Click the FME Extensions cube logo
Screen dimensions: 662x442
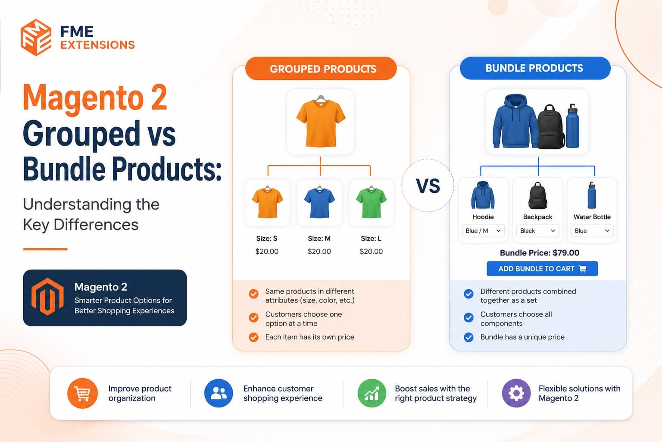coord(36,37)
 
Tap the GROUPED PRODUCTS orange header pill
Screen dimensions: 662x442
coord(321,68)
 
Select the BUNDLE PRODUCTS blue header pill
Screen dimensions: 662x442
coord(535,68)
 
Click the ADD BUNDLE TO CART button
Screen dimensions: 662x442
coord(542,268)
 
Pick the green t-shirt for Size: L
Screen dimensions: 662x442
coord(371,202)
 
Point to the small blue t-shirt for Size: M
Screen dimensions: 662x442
coord(319,202)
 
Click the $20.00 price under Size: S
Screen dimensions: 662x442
coord(267,251)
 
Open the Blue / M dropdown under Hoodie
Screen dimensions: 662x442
coord(483,230)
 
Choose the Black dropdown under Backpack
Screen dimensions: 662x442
coord(537,230)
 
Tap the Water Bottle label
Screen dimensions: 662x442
coord(592,217)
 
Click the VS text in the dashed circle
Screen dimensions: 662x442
coord(428,186)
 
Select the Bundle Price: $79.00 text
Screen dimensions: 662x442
coord(539,253)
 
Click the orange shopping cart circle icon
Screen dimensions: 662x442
coord(82,393)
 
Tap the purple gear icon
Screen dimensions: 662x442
coord(516,393)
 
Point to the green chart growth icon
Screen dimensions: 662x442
coord(372,393)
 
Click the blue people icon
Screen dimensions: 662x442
coord(219,393)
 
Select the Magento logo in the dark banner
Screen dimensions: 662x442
coord(47,297)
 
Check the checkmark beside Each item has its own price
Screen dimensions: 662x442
coord(253,337)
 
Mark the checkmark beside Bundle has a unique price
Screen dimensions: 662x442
coord(468,337)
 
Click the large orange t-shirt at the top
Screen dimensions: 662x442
coord(321,121)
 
